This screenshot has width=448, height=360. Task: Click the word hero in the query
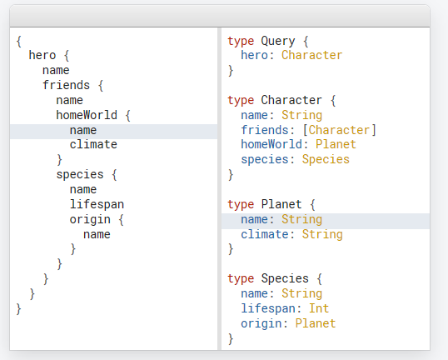pos(42,55)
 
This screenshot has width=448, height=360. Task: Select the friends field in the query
pos(67,85)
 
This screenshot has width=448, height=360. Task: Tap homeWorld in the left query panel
pos(87,115)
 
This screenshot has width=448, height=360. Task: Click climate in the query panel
pos(93,144)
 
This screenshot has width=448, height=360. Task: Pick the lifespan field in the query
pos(97,204)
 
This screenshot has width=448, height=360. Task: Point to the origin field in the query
pos(90,220)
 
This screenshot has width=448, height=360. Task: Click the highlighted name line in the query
pos(83,130)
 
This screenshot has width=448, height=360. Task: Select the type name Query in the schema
pos(278,42)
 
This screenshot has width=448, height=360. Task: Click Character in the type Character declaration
pos(291,100)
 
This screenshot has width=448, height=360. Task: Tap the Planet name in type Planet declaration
pos(281,204)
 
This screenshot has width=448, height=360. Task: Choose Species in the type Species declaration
pos(285,279)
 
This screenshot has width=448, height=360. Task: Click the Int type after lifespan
pos(319,308)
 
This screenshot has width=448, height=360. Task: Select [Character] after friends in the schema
pos(339,130)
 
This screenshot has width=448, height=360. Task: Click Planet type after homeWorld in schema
pos(336,144)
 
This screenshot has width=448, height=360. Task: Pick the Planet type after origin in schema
pos(316,323)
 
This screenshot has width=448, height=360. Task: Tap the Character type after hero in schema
pos(311,55)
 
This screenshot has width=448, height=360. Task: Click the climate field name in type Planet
pos(265,234)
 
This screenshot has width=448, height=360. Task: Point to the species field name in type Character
pos(265,160)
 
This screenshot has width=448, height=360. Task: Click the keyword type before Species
pos(241,279)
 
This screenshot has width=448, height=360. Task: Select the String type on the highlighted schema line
pos(301,220)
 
